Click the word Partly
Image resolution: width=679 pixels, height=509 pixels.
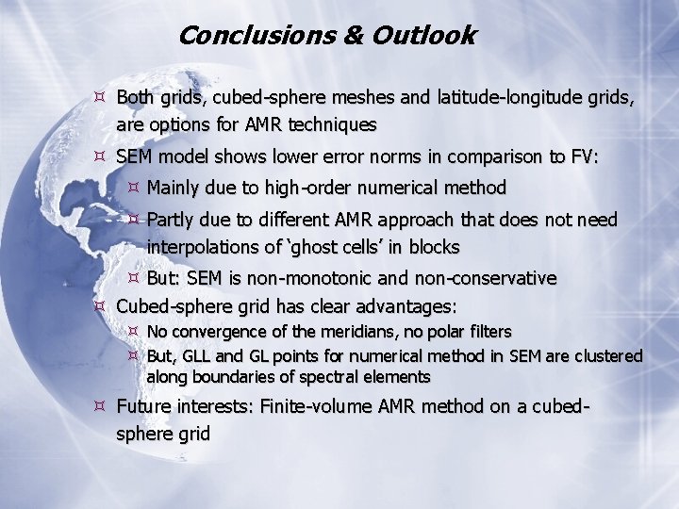point(174,221)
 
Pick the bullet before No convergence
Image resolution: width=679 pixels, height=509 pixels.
point(133,332)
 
